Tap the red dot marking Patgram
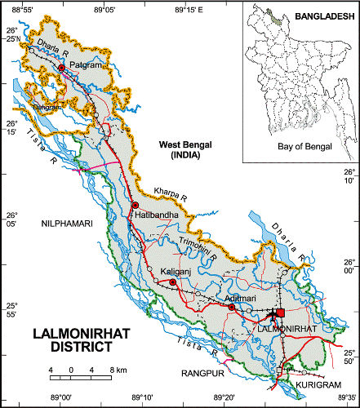(61, 68)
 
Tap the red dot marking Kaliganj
(172, 282)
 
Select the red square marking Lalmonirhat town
(281, 313)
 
